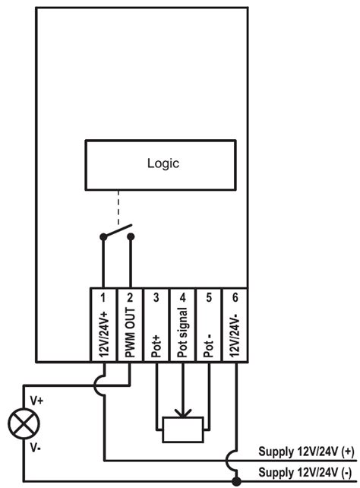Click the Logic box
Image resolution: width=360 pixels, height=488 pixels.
coord(163,163)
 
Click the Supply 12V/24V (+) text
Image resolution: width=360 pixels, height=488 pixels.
coord(306,450)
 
